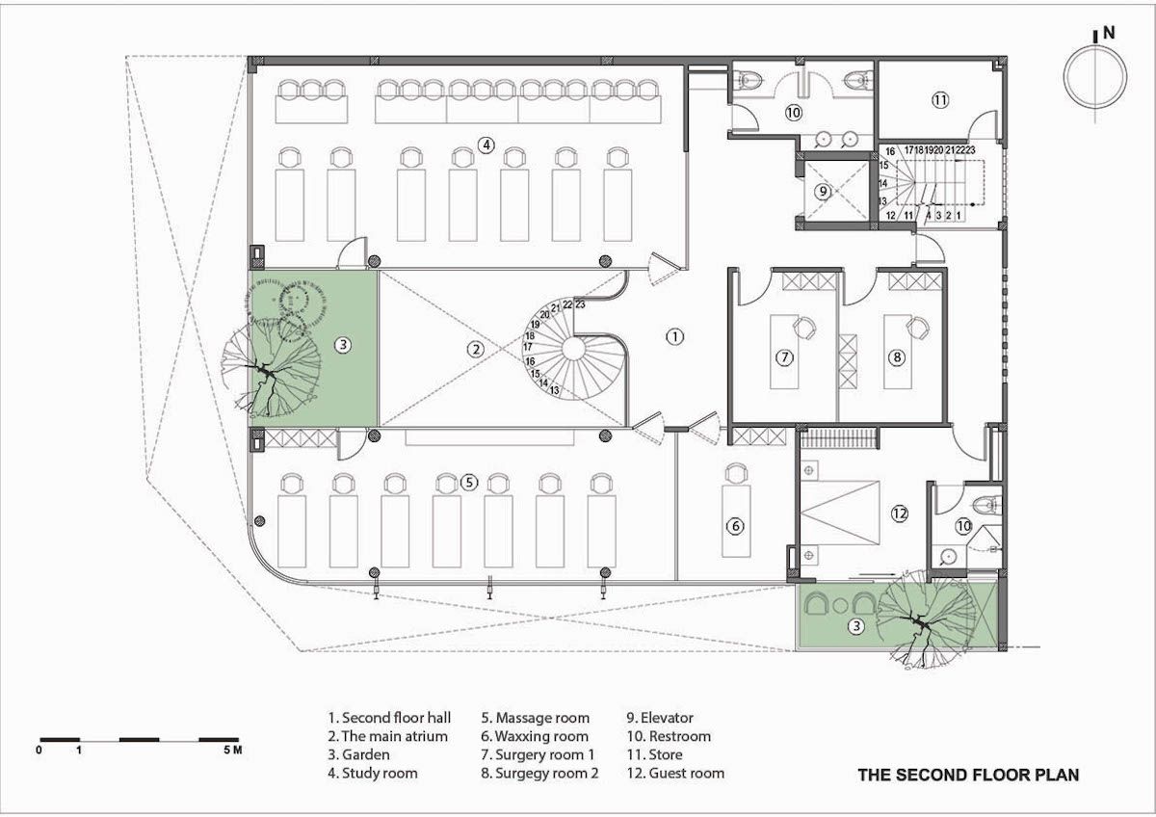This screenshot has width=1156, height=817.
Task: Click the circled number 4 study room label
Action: point(486,145)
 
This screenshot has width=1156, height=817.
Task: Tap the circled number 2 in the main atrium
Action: point(475,350)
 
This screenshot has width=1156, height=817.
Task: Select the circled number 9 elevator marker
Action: point(823,192)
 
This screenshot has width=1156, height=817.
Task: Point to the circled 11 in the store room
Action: point(940,99)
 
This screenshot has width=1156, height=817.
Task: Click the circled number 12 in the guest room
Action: point(900,513)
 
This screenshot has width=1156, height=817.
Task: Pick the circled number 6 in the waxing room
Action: point(735,526)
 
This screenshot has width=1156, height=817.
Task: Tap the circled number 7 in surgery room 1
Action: point(785,357)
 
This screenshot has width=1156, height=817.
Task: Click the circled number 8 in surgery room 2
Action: point(897,357)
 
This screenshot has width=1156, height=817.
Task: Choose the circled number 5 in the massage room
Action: point(469,483)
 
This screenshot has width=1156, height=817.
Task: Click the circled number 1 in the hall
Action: point(674,336)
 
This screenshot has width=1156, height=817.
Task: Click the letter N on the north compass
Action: point(1109,33)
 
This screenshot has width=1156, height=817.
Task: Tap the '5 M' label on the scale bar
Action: point(233,750)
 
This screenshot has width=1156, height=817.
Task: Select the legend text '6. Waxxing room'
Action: point(535,736)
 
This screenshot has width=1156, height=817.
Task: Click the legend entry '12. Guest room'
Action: point(675,773)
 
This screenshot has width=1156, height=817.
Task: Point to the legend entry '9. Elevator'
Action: point(660,718)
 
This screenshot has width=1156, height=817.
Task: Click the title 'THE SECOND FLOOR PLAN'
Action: point(969,776)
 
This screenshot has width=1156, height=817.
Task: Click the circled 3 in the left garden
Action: point(343,345)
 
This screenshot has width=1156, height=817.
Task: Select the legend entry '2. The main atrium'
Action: point(387,736)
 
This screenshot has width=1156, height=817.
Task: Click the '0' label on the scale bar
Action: point(39,750)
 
